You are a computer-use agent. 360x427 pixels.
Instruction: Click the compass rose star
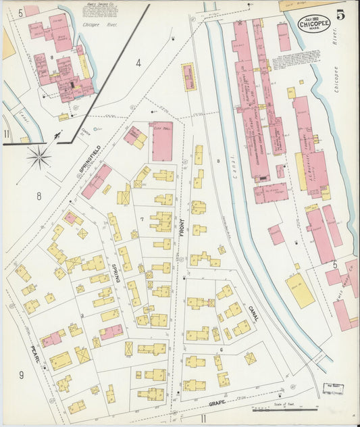(39, 158)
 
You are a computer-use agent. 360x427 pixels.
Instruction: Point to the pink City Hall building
(162, 141)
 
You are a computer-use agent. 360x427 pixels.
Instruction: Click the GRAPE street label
(216, 403)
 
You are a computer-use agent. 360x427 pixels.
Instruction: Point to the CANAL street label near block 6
(253, 313)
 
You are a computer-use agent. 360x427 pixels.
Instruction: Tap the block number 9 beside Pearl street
(21, 375)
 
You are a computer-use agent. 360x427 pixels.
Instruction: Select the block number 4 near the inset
(138, 64)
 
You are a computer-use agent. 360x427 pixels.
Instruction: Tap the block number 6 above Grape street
(222, 349)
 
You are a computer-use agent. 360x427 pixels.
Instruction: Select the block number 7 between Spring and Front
(142, 220)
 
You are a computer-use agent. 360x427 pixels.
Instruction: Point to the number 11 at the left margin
(7, 134)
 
